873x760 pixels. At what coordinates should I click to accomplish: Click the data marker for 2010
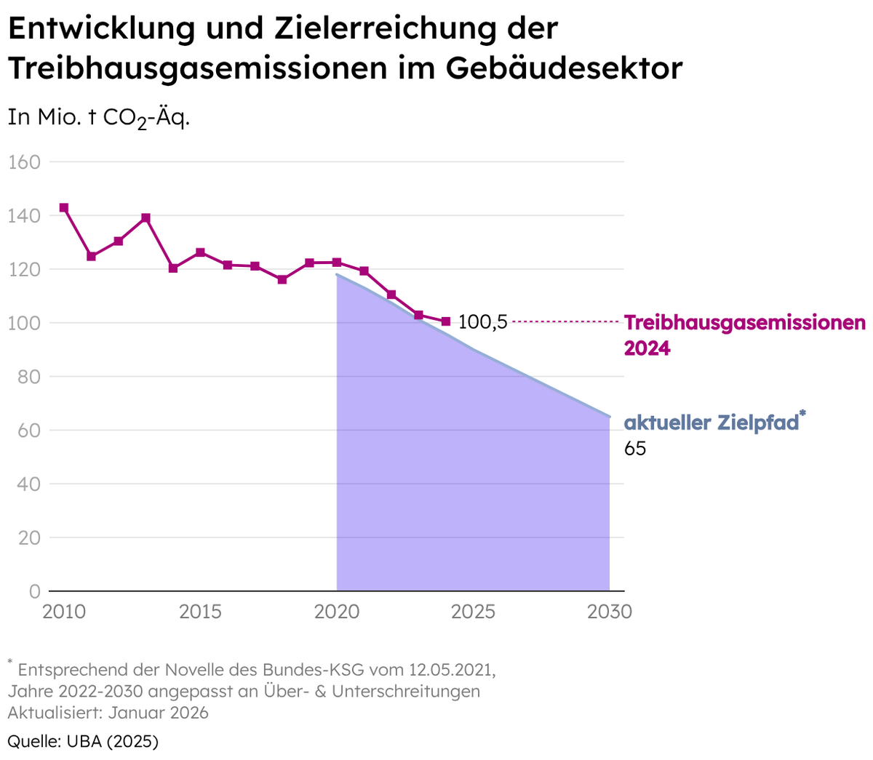(x=64, y=208)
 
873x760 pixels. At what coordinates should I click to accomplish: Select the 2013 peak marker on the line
(x=145, y=218)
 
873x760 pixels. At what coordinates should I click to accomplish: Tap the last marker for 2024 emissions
(x=446, y=321)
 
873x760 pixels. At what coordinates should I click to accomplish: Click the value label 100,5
(x=482, y=322)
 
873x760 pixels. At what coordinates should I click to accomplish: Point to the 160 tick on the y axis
(x=24, y=162)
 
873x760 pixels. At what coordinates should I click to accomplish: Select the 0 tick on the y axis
(x=35, y=591)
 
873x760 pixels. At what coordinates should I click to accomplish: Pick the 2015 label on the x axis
(x=200, y=612)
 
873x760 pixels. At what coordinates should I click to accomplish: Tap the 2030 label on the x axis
(x=610, y=612)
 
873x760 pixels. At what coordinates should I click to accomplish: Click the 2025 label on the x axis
(x=473, y=612)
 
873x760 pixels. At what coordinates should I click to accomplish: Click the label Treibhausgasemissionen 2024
(x=744, y=335)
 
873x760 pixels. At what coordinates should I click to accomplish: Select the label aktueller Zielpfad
(x=711, y=423)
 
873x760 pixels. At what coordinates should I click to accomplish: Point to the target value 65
(x=635, y=449)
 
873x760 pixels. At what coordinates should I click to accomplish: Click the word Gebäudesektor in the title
(x=564, y=68)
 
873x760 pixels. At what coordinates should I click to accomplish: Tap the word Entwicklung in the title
(x=102, y=29)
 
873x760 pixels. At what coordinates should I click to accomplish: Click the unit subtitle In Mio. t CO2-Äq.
(x=98, y=117)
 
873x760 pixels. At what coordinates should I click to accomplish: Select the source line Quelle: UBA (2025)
(x=83, y=741)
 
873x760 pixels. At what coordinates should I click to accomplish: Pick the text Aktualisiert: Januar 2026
(x=108, y=712)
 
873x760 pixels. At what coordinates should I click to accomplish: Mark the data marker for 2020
(x=337, y=263)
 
